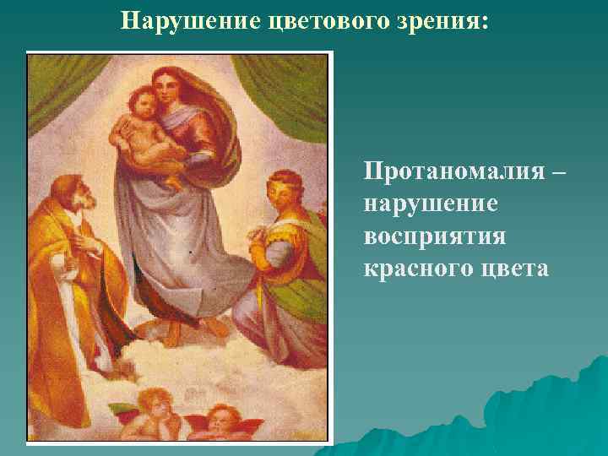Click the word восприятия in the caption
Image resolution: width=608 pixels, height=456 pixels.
pos(435,236)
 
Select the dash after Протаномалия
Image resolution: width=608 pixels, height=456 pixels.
pos(559,172)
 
